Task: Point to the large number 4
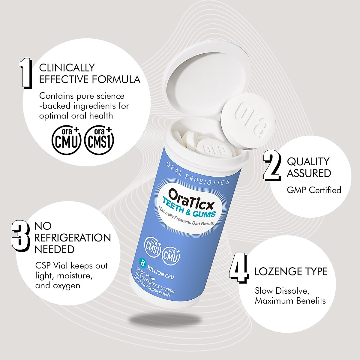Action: click(x=238, y=271)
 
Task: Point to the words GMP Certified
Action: click(x=314, y=190)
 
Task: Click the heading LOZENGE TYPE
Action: click(x=291, y=271)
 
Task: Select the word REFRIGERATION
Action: click(x=73, y=238)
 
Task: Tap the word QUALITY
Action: click(x=308, y=161)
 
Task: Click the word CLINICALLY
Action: click(x=67, y=67)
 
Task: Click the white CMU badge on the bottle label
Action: click(x=171, y=255)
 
